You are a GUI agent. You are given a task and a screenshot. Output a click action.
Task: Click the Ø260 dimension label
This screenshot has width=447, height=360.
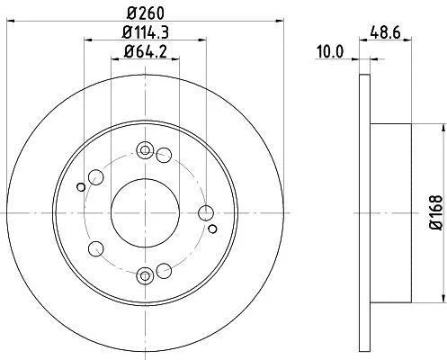pyautogui.click(x=146, y=13)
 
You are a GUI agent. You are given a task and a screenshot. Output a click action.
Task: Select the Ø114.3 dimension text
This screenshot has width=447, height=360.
pyautogui.click(x=146, y=31)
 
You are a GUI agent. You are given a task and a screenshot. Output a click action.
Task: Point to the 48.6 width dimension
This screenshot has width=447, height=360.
pyautogui.click(x=385, y=32)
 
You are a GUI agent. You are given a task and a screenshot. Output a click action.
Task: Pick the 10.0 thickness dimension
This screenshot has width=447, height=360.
pyautogui.click(x=330, y=52)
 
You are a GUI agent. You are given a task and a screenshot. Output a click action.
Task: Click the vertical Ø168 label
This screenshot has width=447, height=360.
pyautogui.click(x=435, y=212)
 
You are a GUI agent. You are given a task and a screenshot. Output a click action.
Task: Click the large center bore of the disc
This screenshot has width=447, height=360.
pyautogui.click(x=145, y=213)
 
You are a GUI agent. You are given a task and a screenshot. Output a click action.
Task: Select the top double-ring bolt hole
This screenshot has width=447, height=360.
pyautogui.click(x=145, y=150)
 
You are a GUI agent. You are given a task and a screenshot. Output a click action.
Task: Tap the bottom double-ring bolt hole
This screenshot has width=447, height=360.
pyautogui.click(x=145, y=276)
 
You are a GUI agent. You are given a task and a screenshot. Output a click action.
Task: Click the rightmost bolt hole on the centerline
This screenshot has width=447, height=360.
pyautogui.click(x=206, y=213)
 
